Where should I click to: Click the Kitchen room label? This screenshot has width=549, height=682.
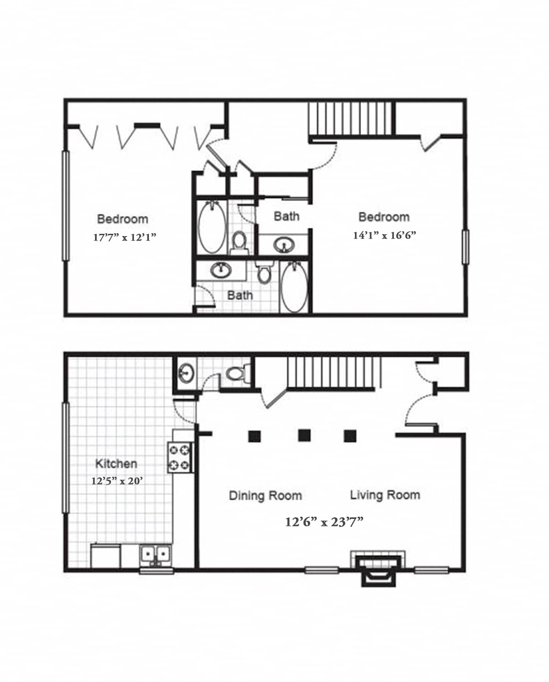pos(116,464)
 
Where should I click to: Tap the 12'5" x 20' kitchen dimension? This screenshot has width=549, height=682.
pos(117,481)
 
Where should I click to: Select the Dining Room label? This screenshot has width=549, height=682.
pos(265,496)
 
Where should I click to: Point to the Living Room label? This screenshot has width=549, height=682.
pos(385,495)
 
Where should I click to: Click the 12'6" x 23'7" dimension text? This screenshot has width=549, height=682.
pos(324,522)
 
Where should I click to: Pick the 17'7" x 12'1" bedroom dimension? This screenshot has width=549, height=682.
pos(124,237)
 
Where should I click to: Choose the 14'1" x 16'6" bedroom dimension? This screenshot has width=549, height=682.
pos(384,235)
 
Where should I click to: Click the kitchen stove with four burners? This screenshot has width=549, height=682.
pos(180,457)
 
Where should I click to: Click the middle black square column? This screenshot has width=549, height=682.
pos(304,436)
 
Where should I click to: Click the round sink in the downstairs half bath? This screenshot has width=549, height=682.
pos(186,372)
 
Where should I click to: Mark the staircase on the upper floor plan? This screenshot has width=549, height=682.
pos(351,119)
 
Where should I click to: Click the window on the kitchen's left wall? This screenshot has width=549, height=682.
pos(65,458)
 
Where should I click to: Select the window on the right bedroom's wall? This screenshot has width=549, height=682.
pos(465,246)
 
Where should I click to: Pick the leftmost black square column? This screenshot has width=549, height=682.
pos(254,436)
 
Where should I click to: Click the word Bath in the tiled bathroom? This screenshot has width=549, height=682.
pos(240,295)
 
